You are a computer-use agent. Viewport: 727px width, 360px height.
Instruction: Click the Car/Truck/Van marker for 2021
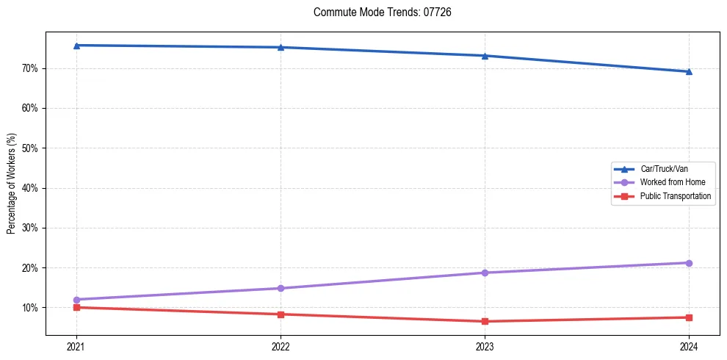point(76,46)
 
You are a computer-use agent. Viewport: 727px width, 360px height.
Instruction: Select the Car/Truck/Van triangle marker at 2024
point(689,71)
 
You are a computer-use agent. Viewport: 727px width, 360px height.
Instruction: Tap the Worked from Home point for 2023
point(485,273)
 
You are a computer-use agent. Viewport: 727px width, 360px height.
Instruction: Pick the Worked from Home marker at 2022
point(281,288)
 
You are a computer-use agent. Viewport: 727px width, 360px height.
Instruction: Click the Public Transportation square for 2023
point(485,321)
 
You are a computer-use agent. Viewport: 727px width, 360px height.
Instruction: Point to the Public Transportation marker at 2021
point(76,307)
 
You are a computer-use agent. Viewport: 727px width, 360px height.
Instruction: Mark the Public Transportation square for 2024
point(689,317)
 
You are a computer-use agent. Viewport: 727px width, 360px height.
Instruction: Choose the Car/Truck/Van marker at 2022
point(281,47)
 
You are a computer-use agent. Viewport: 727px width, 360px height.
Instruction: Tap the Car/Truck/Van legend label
point(664,169)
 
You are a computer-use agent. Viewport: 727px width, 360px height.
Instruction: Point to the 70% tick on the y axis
point(29,68)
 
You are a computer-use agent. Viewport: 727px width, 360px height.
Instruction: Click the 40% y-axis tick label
point(29,188)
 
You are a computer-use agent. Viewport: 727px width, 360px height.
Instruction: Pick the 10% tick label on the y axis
point(29,308)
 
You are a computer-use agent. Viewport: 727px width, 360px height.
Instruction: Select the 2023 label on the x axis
point(485,347)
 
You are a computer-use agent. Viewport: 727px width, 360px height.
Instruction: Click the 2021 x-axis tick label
point(76,347)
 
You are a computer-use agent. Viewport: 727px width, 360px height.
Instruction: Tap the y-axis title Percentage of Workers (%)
point(11,184)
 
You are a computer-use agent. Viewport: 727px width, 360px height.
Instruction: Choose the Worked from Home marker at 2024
point(689,263)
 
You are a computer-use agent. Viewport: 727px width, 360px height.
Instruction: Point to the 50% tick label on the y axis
point(29,148)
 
